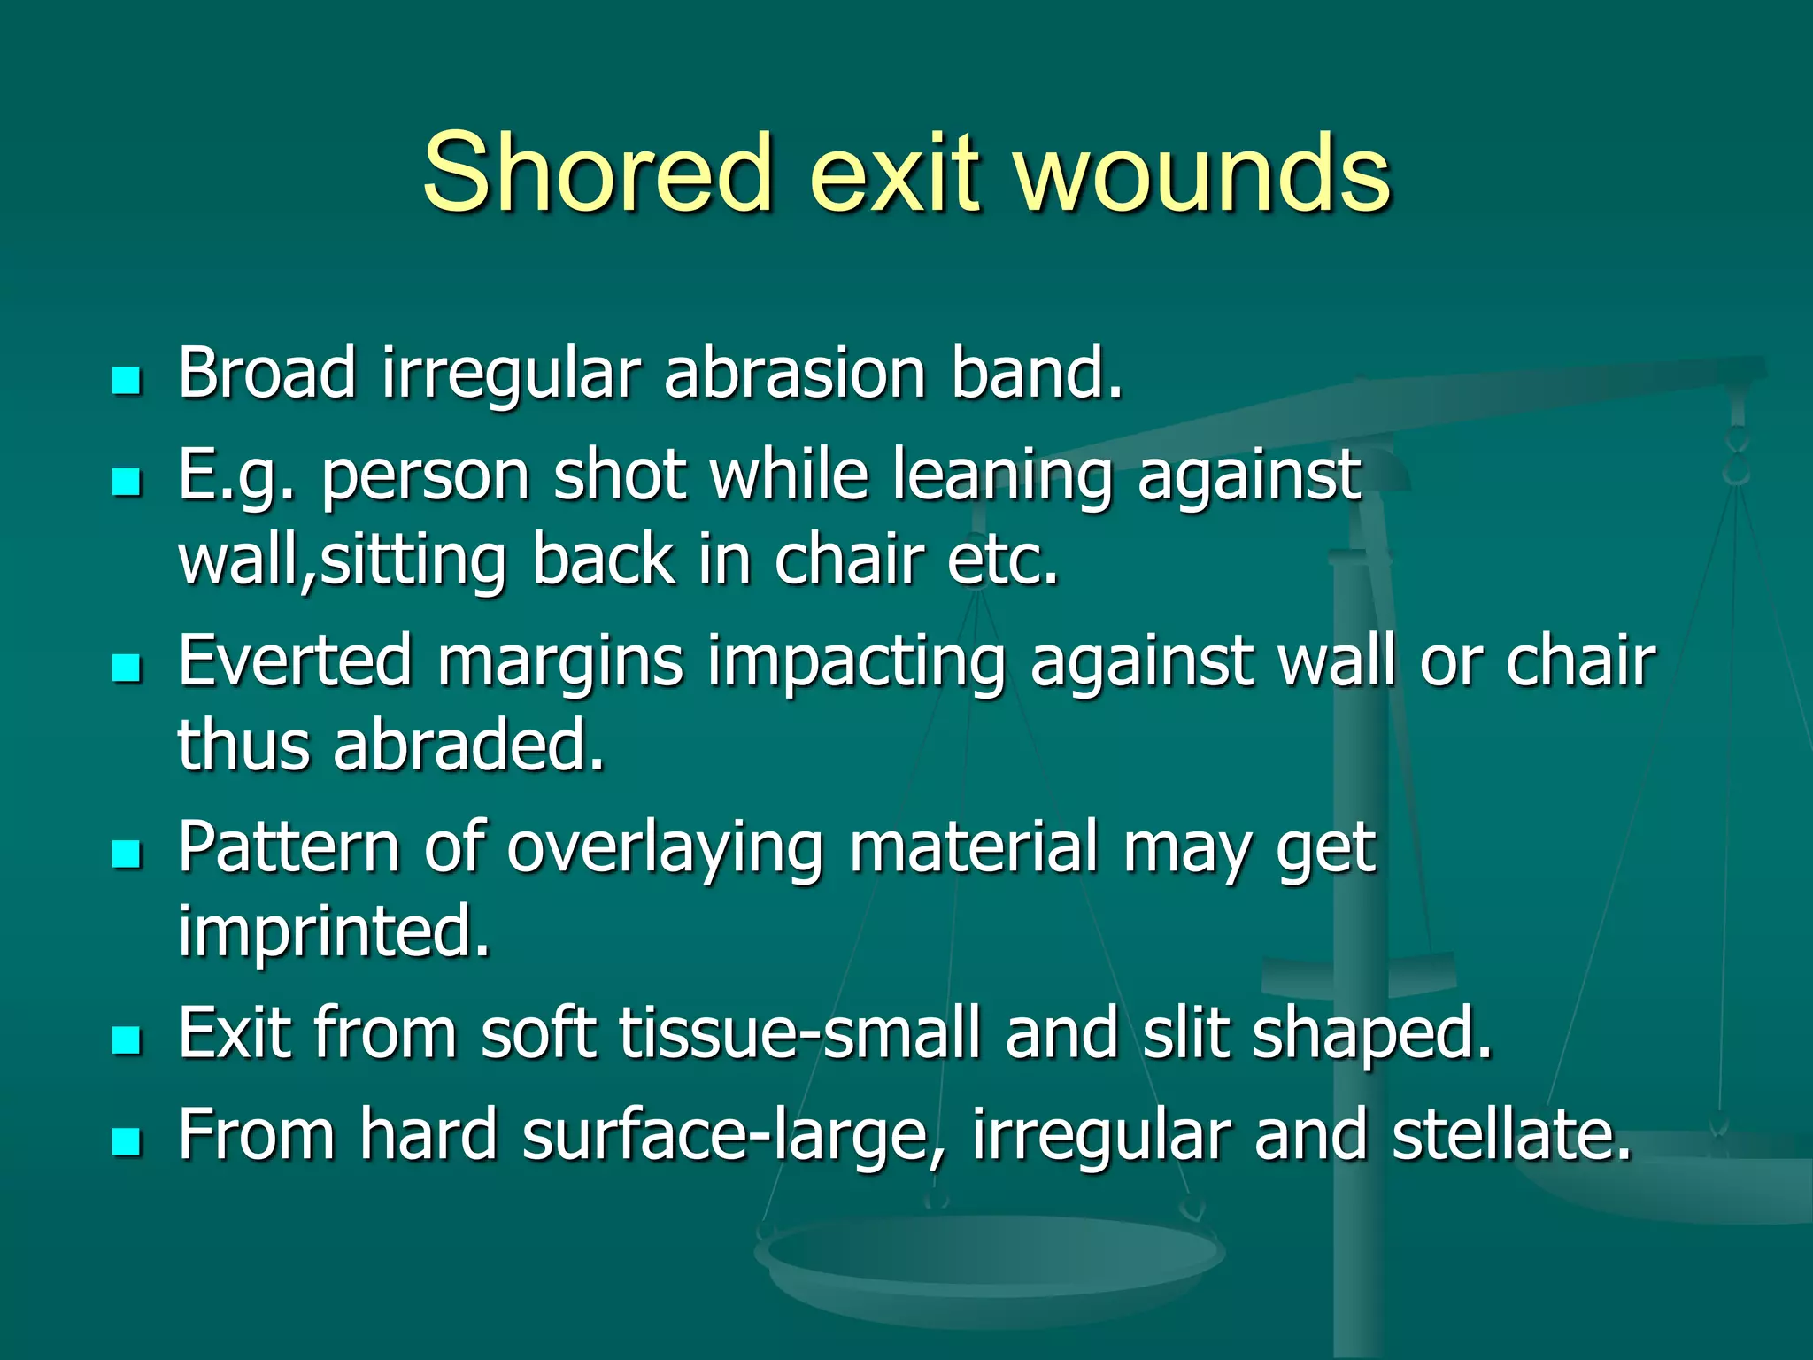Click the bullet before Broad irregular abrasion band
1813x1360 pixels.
click(127, 381)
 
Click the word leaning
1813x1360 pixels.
click(1001, 475)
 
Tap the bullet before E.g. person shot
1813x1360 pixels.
click(127, 483)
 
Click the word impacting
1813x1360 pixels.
click(856, 662)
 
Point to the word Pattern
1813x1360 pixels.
click(289, 847)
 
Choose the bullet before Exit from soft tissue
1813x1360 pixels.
click(127, 1040)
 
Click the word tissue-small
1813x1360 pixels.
click(801, 1033)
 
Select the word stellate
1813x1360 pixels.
click(1511, 1134)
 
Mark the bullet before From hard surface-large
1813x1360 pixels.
click(127, 1142)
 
